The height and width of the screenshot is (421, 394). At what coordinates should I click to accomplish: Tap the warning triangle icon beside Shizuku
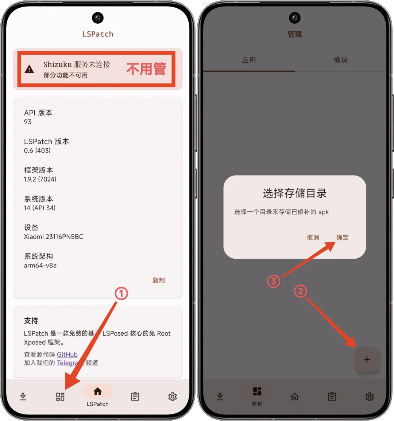(x=29, y=69)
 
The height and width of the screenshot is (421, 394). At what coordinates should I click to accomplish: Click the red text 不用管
(x=146, y=69)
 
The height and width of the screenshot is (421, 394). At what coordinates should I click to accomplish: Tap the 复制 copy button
(x=158, y=280)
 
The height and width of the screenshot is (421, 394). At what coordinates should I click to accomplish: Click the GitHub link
(x=67, y=354)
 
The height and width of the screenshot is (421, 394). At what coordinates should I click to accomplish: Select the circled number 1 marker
(x=121, y=293)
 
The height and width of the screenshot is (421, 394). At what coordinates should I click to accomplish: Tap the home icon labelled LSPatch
(x=97, y=391)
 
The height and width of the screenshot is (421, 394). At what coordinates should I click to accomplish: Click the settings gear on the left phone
(x=173, y=397)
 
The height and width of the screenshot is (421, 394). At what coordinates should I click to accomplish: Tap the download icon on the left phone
(x=23, y=396)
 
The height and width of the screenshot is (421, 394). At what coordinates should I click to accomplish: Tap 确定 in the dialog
(x=343, y=237)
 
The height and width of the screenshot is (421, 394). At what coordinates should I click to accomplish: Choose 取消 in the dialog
(x=313, y=237)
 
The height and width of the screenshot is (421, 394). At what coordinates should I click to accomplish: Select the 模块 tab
(x=340, y=60)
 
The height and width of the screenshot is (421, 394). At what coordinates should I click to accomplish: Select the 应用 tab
(x=249, y=60)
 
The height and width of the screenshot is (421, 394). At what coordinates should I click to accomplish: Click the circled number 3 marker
(x=274, y=282)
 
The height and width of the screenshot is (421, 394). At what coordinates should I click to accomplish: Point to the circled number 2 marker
(x=301, y=291)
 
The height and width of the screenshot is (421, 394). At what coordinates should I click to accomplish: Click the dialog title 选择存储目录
(x=295, y=193)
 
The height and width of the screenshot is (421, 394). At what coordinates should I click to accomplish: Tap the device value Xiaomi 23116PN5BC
(x=54, y=236)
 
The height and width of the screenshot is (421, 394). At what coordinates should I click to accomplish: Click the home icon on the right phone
(x=295, y=397)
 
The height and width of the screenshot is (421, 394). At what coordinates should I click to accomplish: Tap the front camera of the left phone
(x=98, y=18)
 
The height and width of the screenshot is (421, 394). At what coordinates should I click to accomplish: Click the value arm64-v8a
(x=40, y=265)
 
